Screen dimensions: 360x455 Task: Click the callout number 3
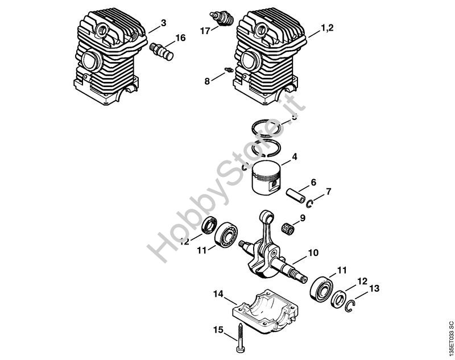[x=164, y=23]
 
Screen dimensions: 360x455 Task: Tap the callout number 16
[x=180, y=38]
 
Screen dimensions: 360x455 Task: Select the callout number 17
[x=205, y=31]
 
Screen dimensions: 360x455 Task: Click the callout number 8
[x=207, y=81]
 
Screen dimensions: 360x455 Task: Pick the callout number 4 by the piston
[x=294, y=156]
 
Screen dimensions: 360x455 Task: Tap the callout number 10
[x=313, y=253]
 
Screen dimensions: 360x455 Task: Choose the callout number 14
[x=218, y=294]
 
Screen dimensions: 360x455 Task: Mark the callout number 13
[x=373, y=289]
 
